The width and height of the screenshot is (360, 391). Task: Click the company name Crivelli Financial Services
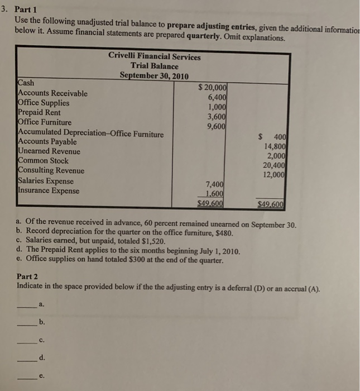155,56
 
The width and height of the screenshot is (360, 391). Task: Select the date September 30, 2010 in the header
154,76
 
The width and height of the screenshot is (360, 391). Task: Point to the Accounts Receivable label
53,93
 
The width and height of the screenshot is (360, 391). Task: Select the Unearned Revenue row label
49,151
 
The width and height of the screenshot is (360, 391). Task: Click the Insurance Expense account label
49,190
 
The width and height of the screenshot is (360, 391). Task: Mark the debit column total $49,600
213,203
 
